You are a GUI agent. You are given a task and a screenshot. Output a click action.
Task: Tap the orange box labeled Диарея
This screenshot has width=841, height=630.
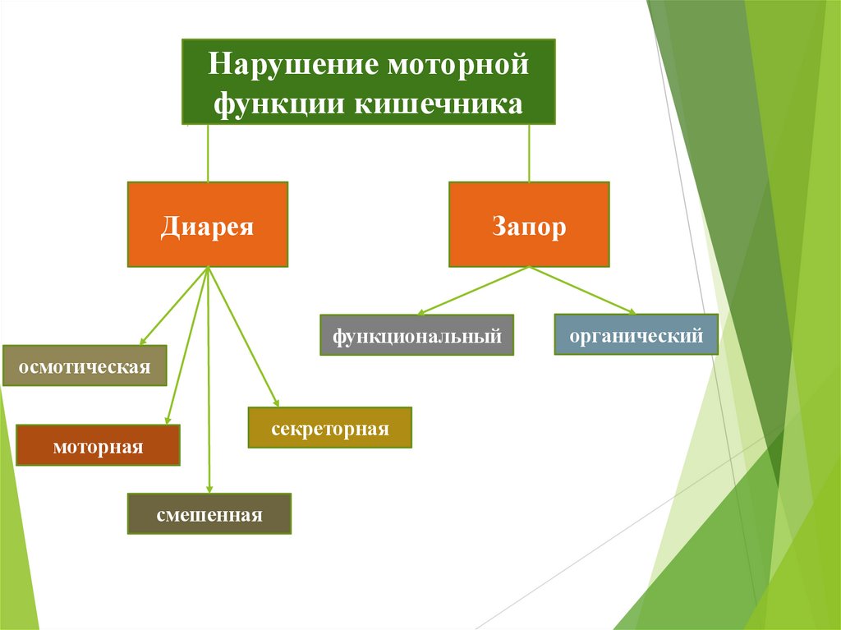(208, 225)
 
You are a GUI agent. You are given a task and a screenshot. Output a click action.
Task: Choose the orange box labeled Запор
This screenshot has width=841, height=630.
(529, 225)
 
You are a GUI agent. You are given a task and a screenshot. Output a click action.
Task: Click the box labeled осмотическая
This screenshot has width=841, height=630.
(85, 366)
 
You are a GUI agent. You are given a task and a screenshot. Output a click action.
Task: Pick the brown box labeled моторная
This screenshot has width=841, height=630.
(98, 446)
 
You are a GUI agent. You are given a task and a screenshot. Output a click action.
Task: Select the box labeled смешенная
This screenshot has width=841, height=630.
(209, 514)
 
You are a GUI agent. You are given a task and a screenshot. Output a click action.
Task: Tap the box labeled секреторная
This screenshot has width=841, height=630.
(330, 428)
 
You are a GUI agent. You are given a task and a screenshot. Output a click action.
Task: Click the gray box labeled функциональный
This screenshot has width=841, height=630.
(416, 334)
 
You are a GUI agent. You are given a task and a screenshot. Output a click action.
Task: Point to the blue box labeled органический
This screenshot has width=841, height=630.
(636, 334)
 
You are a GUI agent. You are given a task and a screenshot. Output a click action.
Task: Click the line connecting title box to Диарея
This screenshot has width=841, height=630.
(208, 154)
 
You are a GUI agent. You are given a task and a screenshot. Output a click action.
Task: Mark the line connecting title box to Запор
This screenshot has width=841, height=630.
(529, 154)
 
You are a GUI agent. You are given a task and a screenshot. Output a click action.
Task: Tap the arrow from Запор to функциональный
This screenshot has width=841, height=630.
(475, 290)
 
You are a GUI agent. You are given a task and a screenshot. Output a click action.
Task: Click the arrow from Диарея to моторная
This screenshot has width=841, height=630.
(188, 346)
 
